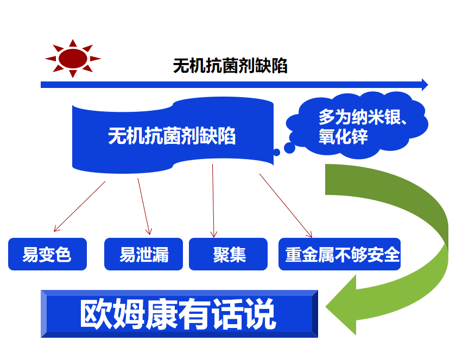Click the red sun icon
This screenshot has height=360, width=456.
pos(73,59)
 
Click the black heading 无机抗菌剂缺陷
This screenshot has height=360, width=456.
pos(230,66)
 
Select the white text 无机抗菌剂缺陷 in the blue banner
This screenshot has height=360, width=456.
pos(172,136)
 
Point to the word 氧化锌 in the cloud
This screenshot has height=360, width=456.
pos(343,136)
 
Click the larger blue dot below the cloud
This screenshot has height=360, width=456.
pos(289,148)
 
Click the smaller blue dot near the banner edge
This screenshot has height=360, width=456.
pos(276,152)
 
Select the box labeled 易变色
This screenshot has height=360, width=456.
pos(47,254)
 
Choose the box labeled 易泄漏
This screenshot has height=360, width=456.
pos(144,254)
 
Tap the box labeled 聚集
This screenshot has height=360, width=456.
pos(229,254)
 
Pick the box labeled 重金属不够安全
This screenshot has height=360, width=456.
pos(340,254)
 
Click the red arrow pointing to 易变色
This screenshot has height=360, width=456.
pos(79,206)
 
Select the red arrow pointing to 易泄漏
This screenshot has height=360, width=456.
pos(144,206)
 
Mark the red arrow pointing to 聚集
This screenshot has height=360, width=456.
pos(213,201)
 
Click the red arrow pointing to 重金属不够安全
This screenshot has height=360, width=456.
pos(286,206)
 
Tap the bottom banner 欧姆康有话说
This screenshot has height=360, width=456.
pos(180,314)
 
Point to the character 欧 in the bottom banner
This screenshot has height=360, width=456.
pos(96,314)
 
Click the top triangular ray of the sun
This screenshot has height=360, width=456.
pos(73,43)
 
